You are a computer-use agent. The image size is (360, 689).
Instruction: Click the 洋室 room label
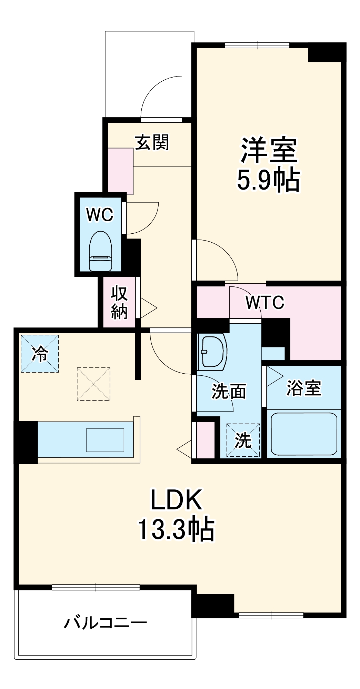point(269,150)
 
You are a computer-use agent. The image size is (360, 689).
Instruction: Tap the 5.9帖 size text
point(268,181)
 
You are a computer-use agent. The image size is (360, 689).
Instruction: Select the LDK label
point(176,500)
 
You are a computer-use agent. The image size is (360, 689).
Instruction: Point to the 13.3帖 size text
point(176,529)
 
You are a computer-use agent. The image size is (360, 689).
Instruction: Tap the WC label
point(100,215)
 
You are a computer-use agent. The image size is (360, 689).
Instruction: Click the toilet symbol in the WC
point(101,251)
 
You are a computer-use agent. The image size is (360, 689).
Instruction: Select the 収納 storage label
point(119,302)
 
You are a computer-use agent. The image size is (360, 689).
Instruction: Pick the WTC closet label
point(265,303)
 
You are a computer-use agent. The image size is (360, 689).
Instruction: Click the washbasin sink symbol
point(212,351)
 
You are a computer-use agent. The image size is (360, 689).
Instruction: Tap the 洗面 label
point(229,392)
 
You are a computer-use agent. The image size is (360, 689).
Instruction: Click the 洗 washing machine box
point(243,440)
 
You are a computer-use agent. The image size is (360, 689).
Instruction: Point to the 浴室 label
point(304,388)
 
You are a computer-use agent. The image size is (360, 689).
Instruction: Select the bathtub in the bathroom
point(304,434)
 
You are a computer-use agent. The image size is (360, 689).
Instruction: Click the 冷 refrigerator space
point(40,354)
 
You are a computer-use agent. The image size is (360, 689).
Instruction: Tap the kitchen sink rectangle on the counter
point(105,440)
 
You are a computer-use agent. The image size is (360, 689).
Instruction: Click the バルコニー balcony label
point(106,623)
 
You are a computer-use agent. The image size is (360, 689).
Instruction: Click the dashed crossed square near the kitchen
point(93,384)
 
